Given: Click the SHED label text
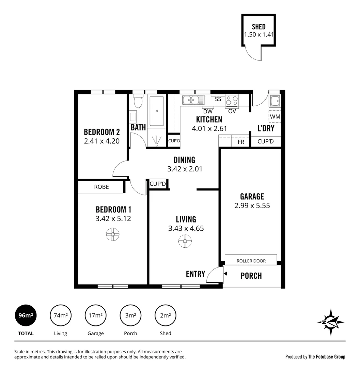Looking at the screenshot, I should pos(259,27).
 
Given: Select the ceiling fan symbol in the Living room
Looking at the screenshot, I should pos(185,241).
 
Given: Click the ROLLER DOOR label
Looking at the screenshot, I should pos(251,261).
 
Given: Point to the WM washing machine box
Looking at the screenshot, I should pos(275,117).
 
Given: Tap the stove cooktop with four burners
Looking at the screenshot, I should pos(232,101).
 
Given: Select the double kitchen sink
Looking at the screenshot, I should pos(193,100).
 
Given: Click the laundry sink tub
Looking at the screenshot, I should pos(275,101).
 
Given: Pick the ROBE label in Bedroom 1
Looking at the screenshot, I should pos(101,187).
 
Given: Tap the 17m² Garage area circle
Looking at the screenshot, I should pos(95,315).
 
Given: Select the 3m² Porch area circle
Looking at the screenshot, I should pos(130,315).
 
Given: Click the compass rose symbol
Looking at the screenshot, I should pos(331,322).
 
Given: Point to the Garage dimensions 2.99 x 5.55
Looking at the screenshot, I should pos(252,205).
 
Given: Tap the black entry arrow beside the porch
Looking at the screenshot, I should pos(225,273).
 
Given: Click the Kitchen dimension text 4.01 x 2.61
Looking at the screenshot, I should pos(209,128).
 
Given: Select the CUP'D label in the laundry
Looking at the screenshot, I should pos(265,141).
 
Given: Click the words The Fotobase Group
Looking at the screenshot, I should pos(327,357).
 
